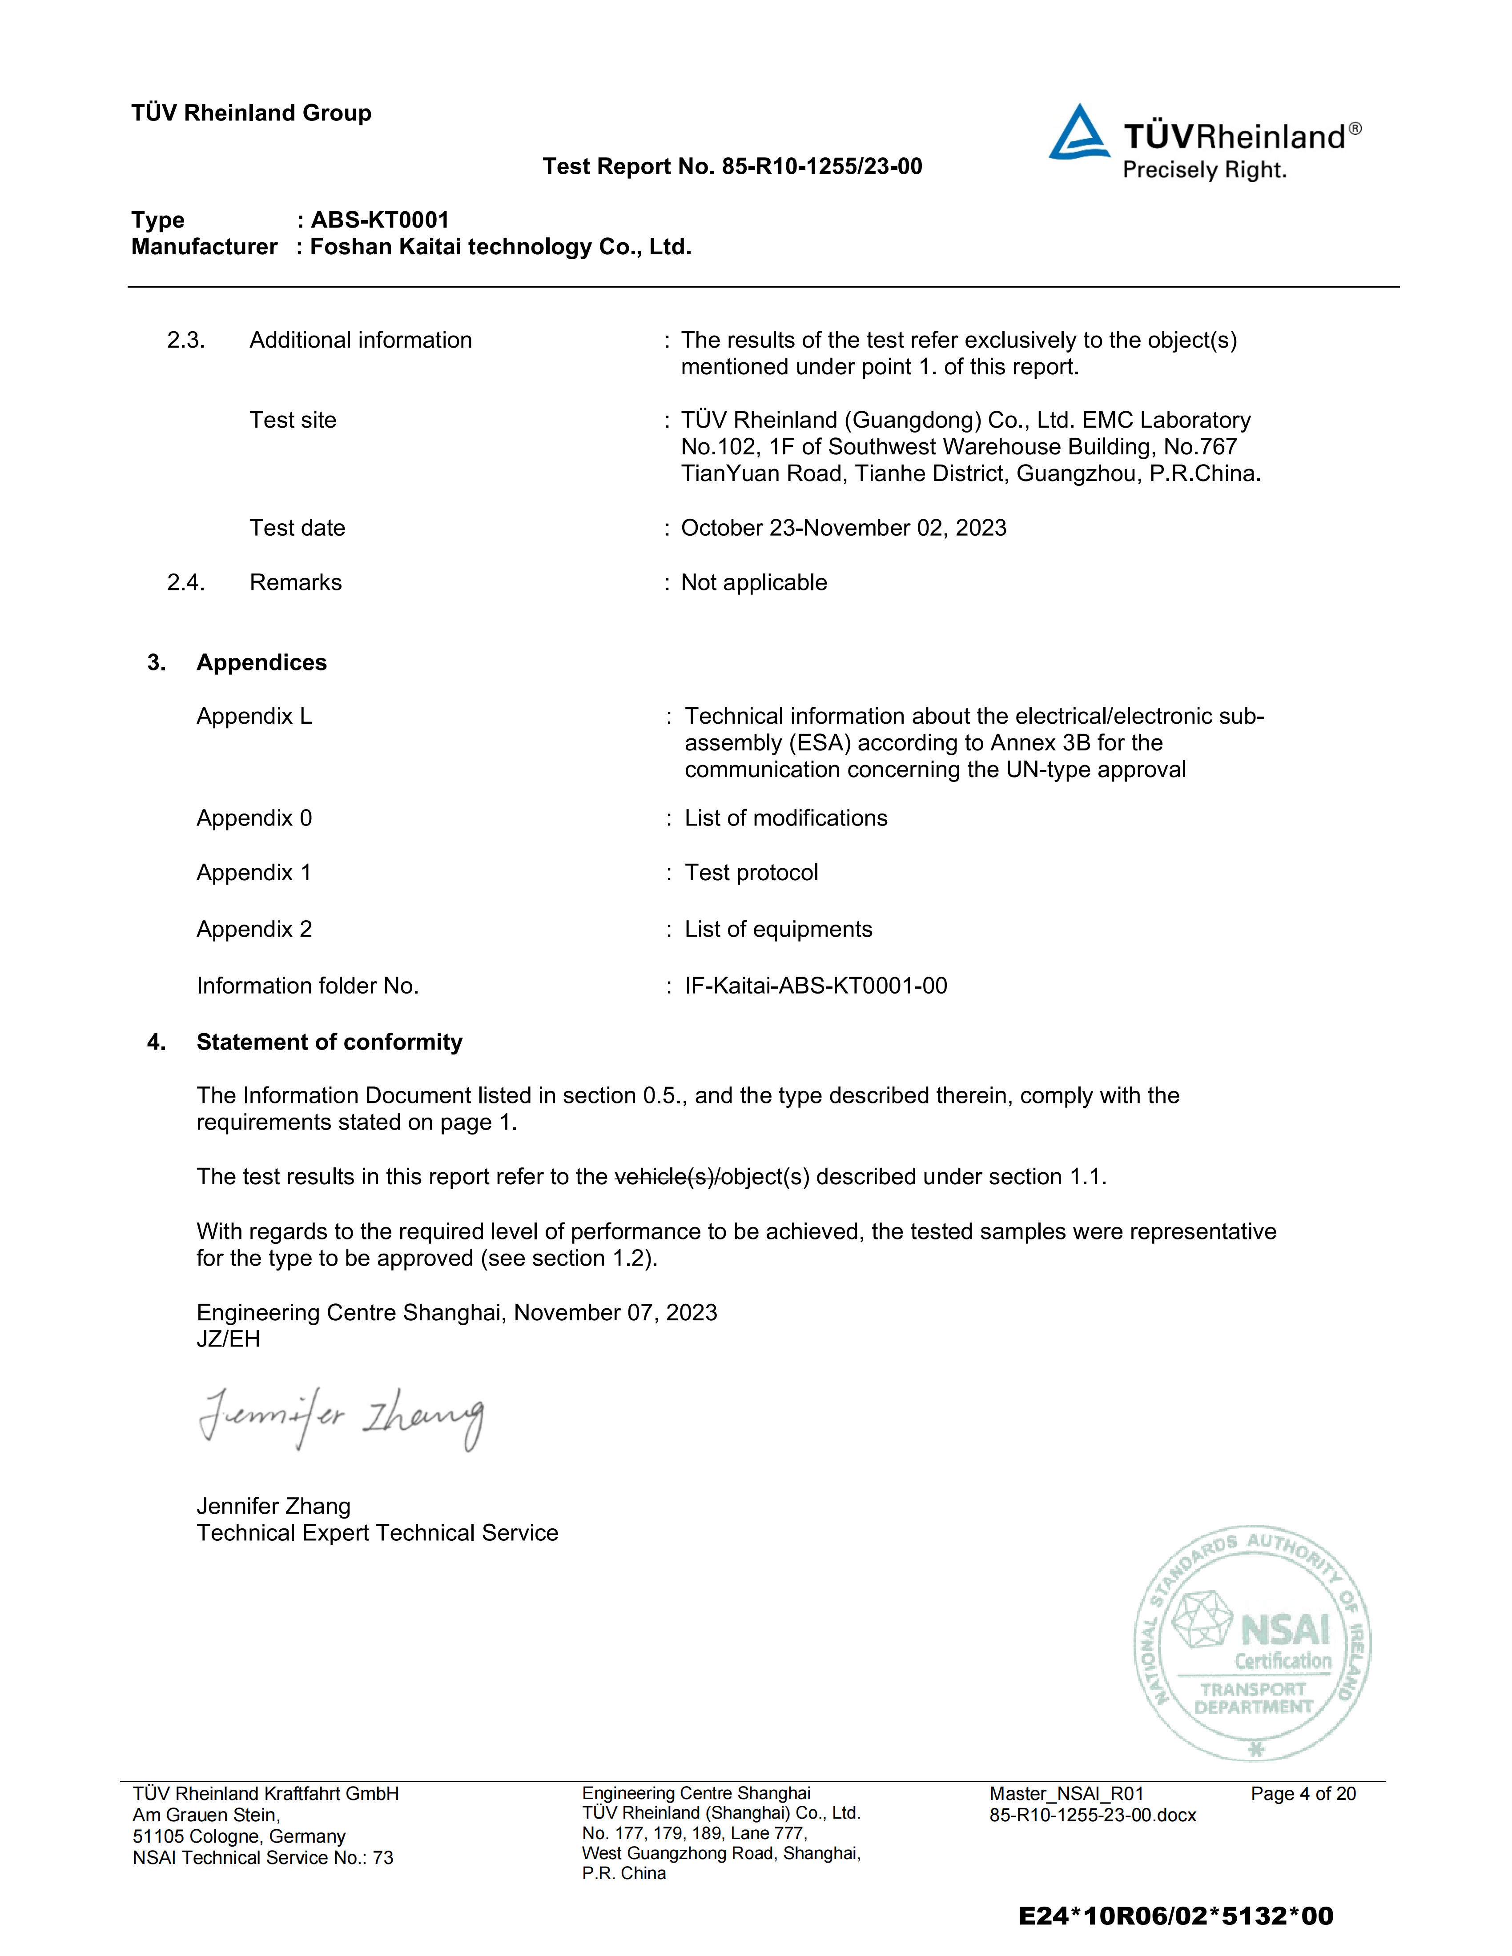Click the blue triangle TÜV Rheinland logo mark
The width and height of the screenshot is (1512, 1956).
1079,134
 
